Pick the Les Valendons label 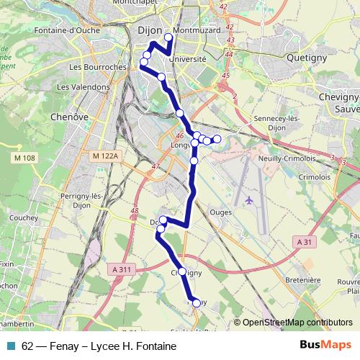coord(79,86)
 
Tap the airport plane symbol coord(250,200)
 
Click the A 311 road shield coord(124,269)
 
